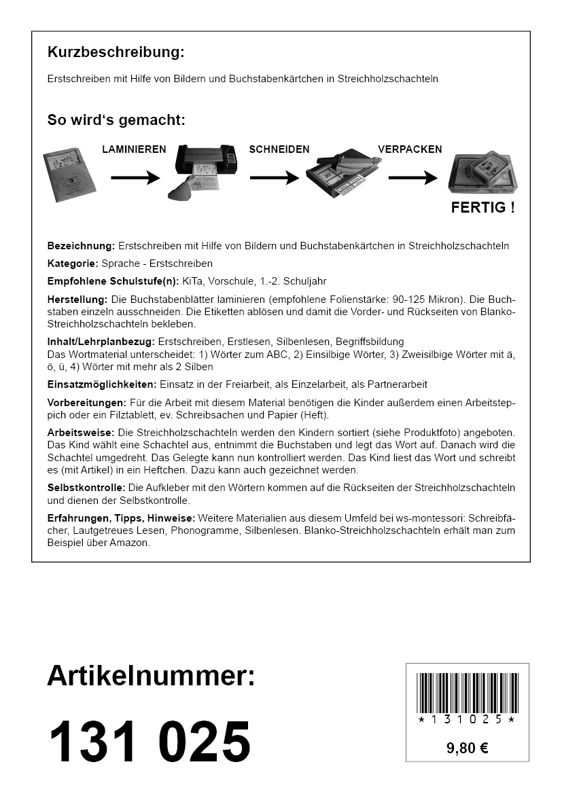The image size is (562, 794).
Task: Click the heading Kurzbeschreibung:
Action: tap(116, 52)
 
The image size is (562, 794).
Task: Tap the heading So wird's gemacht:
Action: tap(116, 121)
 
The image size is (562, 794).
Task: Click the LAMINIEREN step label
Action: tap(134, 149)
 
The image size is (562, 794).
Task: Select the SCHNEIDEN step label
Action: tap(279, 149)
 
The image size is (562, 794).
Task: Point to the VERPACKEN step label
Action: tap(410, 149)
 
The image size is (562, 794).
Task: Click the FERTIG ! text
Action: tap(482, 208)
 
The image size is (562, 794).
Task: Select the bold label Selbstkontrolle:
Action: tap(86, 488)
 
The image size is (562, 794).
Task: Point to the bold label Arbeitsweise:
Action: tap(81, 433)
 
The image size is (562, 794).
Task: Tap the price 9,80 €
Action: tap(468, 748)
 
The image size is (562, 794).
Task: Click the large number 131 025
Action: tap(150, 742)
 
